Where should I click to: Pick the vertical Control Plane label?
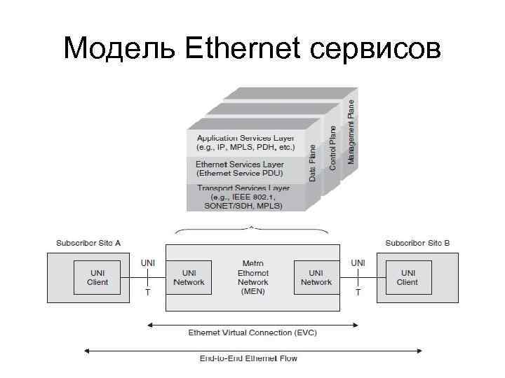coord(333,146)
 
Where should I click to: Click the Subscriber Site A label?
coord(88,243)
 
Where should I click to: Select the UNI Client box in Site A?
coord(97,277)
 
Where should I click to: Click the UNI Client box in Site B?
coord(407,277)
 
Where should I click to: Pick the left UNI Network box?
coord(189,277)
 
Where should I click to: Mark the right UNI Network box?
coord(316,277)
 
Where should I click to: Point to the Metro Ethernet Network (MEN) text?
coord(252,276)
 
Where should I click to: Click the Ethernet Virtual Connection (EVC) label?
coord(252,332)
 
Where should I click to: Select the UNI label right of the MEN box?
coord(358,262)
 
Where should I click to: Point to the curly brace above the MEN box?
coord(251,229)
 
